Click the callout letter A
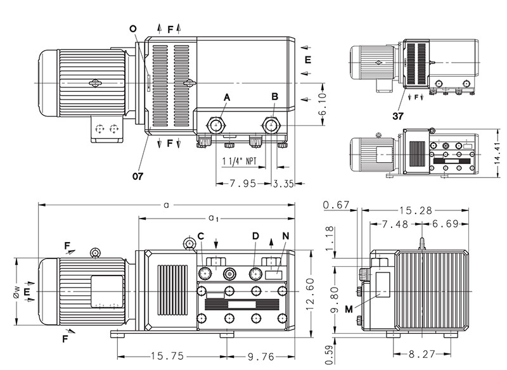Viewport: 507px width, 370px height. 226,96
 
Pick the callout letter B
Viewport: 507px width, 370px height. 274,96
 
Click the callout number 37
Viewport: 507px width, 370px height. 398,116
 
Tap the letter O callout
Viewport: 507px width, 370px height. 132,29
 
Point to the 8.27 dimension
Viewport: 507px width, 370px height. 422,354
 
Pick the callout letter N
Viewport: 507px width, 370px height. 285,236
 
